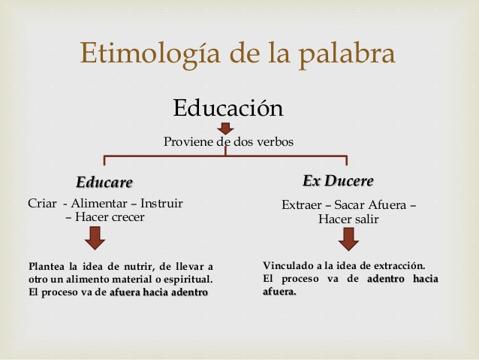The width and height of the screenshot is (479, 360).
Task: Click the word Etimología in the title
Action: (x=150, y=53)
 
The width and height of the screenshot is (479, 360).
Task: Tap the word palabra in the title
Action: (x=347, y=53)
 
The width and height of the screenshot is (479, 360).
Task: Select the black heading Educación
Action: (x=228, y=107)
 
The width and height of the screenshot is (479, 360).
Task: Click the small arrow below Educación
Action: (x=226, y=129)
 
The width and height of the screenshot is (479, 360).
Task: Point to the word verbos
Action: (x=275, y=141)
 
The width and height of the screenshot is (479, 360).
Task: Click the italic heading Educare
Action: (x=104, y=183)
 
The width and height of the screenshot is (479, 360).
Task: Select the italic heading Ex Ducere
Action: (x=338, y=180)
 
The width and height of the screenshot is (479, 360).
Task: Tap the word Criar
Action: (x=42, y=204)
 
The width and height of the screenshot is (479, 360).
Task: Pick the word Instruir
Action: (x=161, y=204)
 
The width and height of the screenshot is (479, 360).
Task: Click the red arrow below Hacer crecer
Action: (x=95, y=238)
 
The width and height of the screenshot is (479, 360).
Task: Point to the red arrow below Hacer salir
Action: (x=348, y=240)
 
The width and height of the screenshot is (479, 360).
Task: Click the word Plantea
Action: (x=47, y=266)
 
